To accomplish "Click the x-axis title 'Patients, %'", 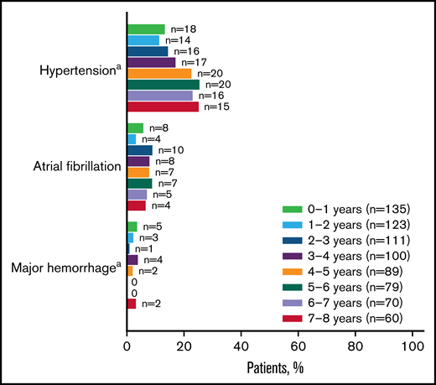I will (x=273, y=367).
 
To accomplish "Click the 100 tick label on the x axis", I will (x=412, y=345).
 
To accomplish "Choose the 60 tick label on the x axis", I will (x=298, y=345).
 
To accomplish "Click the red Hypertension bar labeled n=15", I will (x=163, y=107).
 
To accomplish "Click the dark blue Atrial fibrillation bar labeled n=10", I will (x=140, y=150).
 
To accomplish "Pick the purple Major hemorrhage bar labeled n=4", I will (x=132, y=260).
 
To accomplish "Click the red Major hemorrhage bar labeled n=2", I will (x=132, y=304).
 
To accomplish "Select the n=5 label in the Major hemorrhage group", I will (x=150, y=226).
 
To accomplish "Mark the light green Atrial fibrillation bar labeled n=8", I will (x=135, y=127).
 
